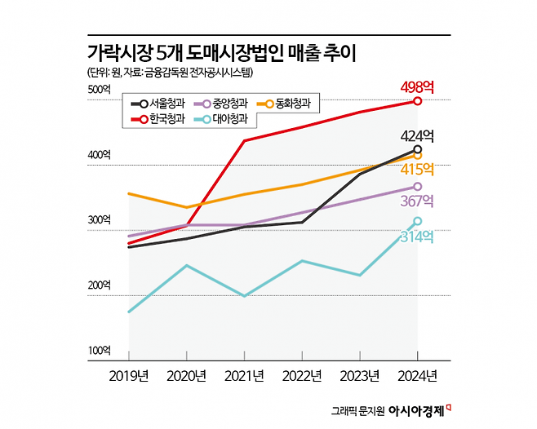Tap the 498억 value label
point(418,86)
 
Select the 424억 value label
point(418,135)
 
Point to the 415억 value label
point(418,170)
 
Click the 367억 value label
point(418,201)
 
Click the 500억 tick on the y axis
point(98,89)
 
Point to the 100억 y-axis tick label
point(98,351)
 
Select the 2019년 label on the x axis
point(129,376)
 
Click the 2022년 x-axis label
point(302,376)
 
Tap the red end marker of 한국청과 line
point(417,101)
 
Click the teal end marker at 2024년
point(417,221)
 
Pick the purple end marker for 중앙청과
point(417,187)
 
